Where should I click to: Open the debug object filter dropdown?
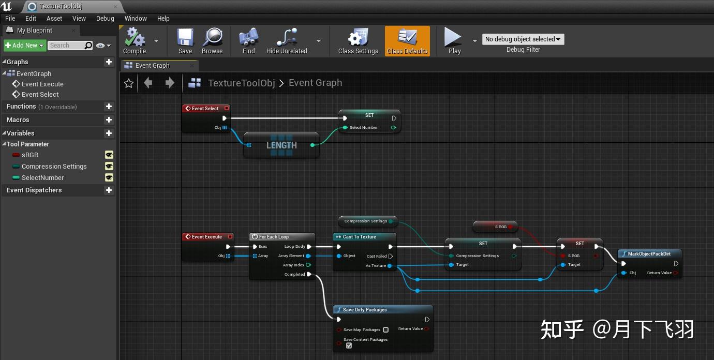[523, 39]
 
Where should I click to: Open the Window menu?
[136, 18]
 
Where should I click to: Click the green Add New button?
[25, 46]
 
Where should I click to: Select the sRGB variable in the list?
[30, 155]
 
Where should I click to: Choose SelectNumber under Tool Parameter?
[42, 177]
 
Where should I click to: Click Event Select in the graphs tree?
[40, 94]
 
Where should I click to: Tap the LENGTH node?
[281, 145]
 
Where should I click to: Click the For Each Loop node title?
[274, 237]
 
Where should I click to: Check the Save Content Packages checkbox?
[349, 346]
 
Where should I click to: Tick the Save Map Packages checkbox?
[385, 329]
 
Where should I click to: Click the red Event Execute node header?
[206, 237]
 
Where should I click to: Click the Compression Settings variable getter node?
[365, 221]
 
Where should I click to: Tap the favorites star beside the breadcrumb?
[129, 83]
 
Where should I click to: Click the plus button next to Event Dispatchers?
[109, 190]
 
